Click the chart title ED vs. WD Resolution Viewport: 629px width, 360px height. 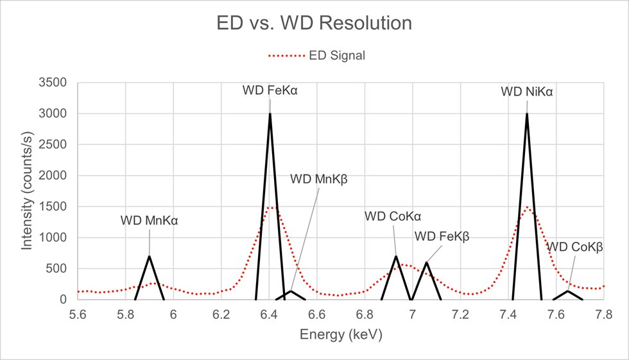click(x=314, y=24)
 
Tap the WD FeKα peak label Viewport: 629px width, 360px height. click(x=270, y=90)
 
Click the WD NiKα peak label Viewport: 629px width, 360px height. click(x=527, y=92)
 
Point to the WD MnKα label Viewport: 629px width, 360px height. click(x=149, y=221)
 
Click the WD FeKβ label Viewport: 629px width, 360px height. click(x=442, y=236)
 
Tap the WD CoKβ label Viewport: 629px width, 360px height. click(x=574, y=247)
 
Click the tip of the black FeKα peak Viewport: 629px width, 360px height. click(x=270, y=114)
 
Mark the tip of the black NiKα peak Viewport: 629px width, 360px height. click(x=527, y=114)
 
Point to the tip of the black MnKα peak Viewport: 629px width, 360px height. click(x=150, y=256)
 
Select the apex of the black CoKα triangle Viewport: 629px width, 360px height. click(x=396, y=256)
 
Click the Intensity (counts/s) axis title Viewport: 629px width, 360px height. click(x=28, y=191)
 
